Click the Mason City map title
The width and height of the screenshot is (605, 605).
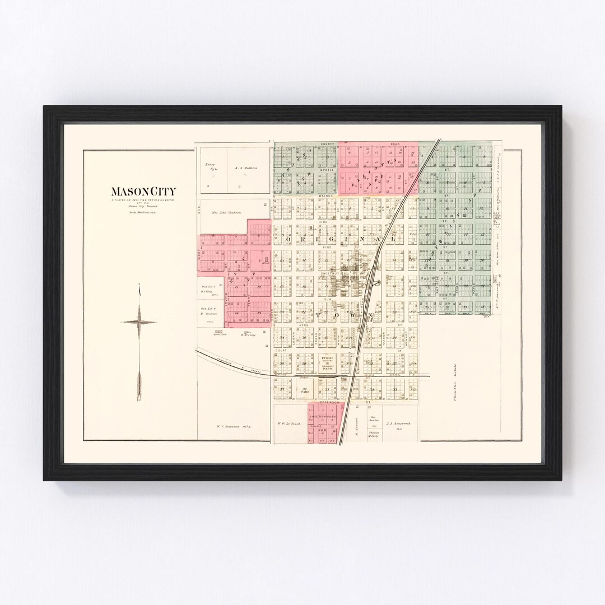click(x=143, y=192)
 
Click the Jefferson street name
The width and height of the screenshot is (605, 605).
click(x=328, y=403)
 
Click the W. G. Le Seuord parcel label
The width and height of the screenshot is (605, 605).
click(x=289, y=424)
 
